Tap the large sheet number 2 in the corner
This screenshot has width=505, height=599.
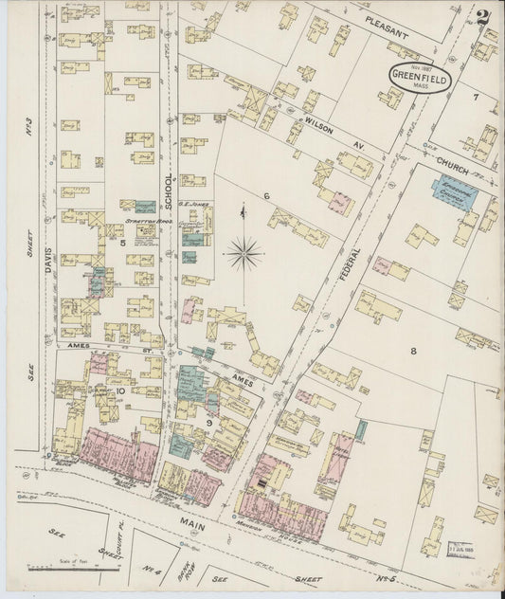click(x=483, y=18)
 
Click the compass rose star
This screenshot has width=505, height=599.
click(x=244, y=252)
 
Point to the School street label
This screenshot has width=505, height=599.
click(x=169, y=190)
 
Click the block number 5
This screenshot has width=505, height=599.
click(x=123, y=244)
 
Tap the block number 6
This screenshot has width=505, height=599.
click(x=267, y=196)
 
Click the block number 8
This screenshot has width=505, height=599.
click(x=413, y=351)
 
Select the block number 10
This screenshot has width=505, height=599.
click(x=120, y=390)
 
